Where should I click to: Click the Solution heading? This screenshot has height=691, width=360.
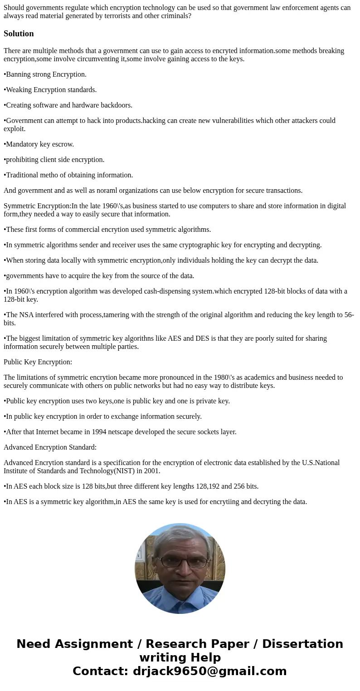(x=19, y=34)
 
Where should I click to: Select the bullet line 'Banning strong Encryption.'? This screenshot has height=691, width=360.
(x=45, y=74)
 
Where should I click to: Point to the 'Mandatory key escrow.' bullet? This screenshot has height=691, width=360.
(x=39, y=144)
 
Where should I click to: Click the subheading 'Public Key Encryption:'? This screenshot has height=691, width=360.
(x=38, y=362)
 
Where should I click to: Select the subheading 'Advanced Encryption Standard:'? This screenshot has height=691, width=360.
(x=50, y=447)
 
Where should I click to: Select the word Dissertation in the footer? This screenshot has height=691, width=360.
(x=302, y=644)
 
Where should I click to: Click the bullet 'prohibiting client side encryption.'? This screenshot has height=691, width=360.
(x=54, y=160)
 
